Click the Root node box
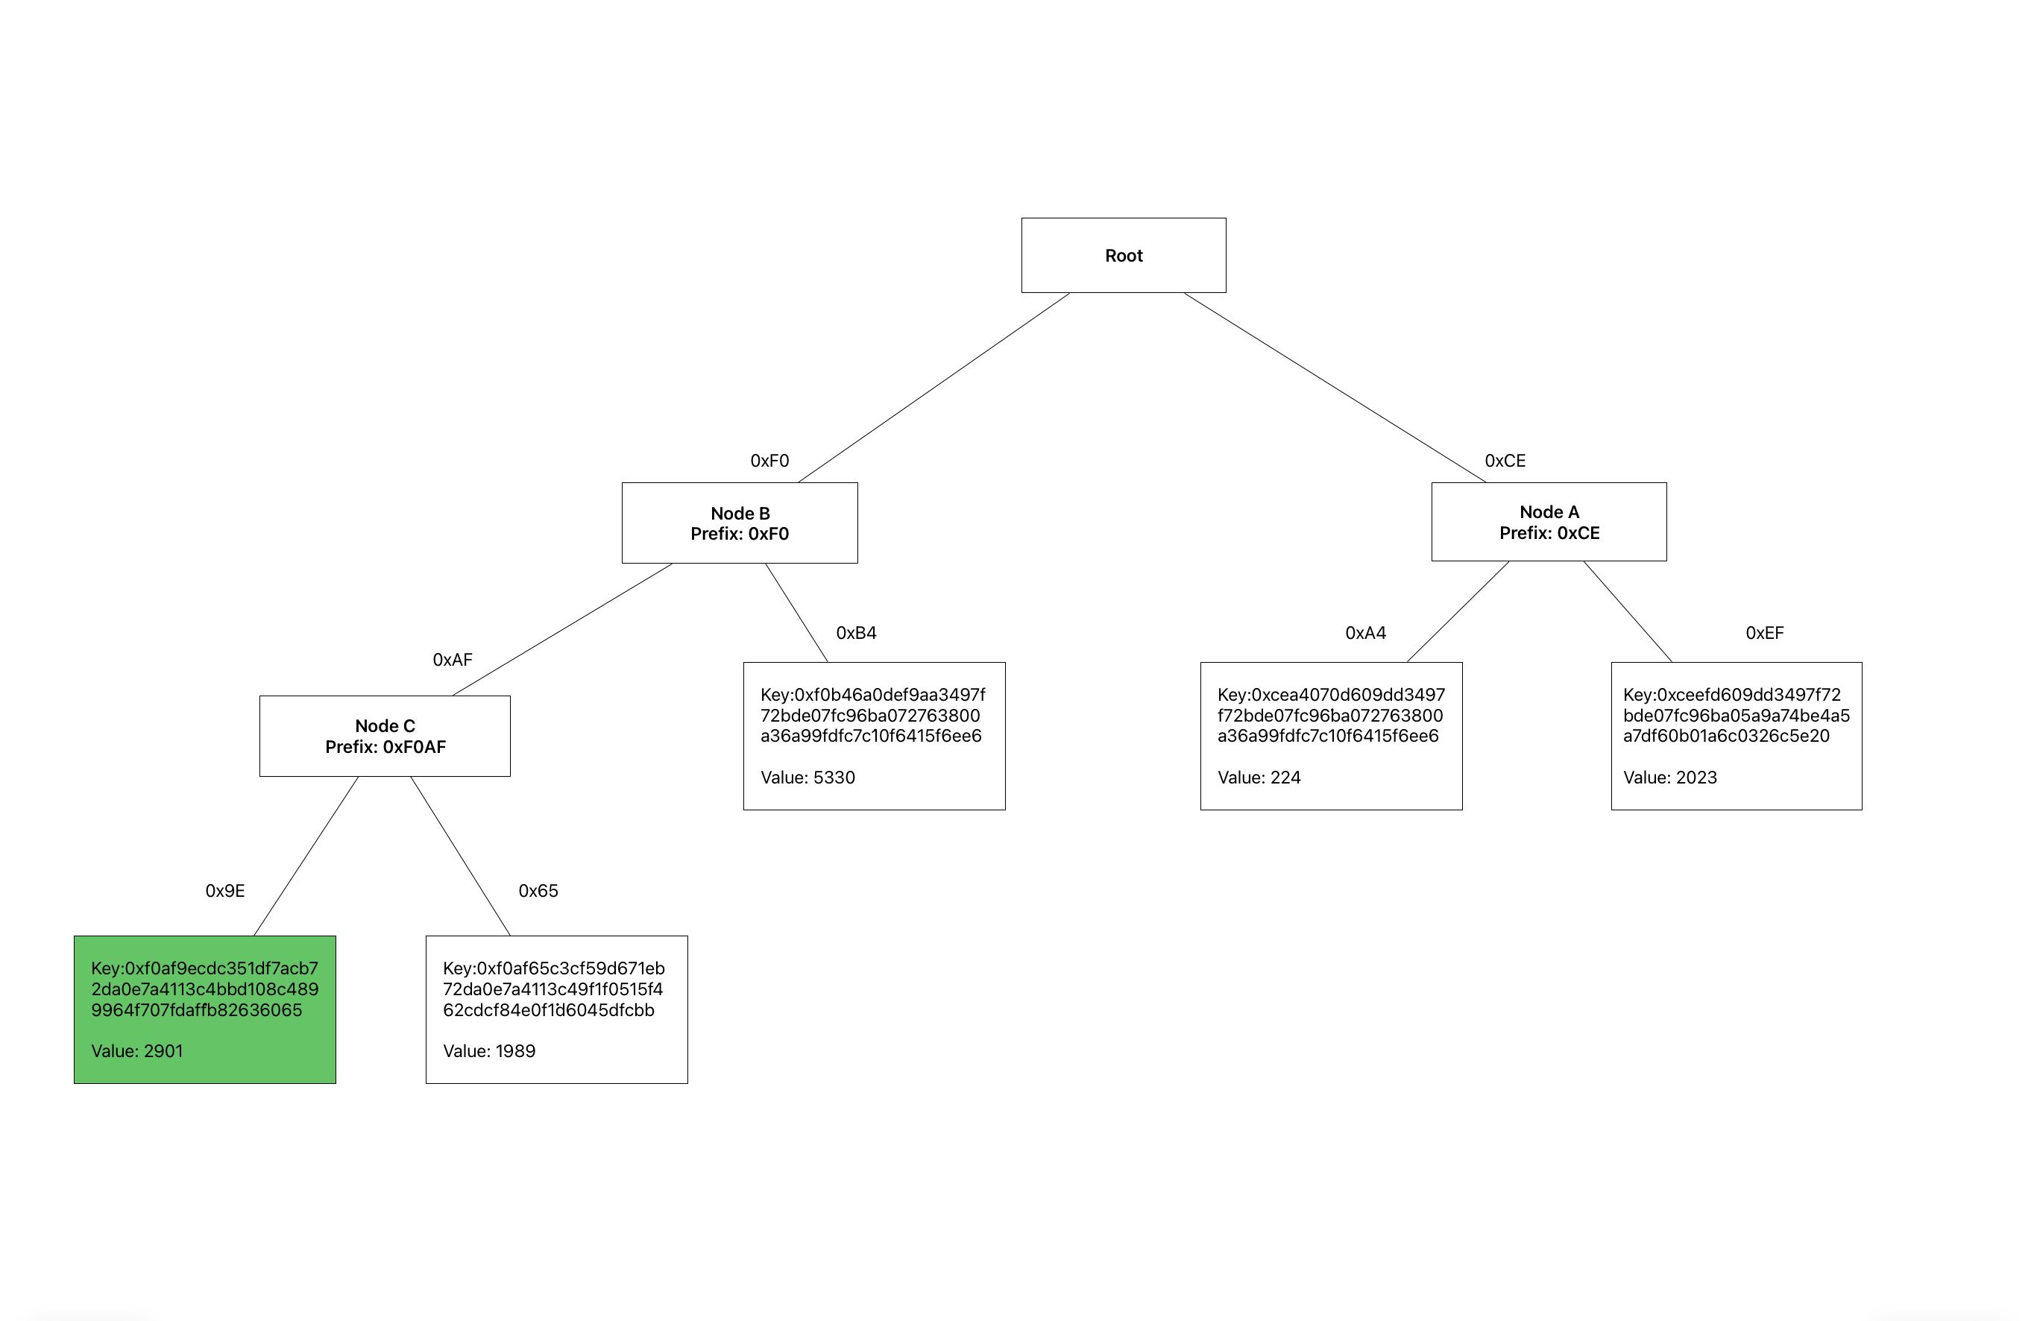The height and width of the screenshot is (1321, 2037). click(1123, 255)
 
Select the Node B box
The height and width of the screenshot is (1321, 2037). click(740, 523)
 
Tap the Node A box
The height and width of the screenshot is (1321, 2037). click(1549, 522)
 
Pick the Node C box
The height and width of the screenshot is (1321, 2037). click(384, 736)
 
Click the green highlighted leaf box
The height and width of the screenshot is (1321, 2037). click(204, 1009)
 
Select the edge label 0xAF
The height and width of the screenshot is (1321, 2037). click(452, 660)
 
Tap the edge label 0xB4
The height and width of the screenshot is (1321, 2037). click(856, 633)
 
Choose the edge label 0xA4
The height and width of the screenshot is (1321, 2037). click(1365, 633)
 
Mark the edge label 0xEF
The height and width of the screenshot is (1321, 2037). click(1764, 633)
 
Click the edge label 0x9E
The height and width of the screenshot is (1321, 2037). click(225, 891)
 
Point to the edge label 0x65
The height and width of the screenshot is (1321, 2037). click(538, 891)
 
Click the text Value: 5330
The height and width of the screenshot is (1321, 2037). click(807, 778)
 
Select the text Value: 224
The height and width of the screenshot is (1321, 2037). click(1258, 778)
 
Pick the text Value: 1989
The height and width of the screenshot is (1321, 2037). click(488, 1051)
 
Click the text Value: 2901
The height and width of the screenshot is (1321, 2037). click(137, 1051)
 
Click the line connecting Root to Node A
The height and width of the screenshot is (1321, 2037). click(1335, 388)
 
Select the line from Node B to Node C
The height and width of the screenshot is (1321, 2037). click(562, 629)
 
